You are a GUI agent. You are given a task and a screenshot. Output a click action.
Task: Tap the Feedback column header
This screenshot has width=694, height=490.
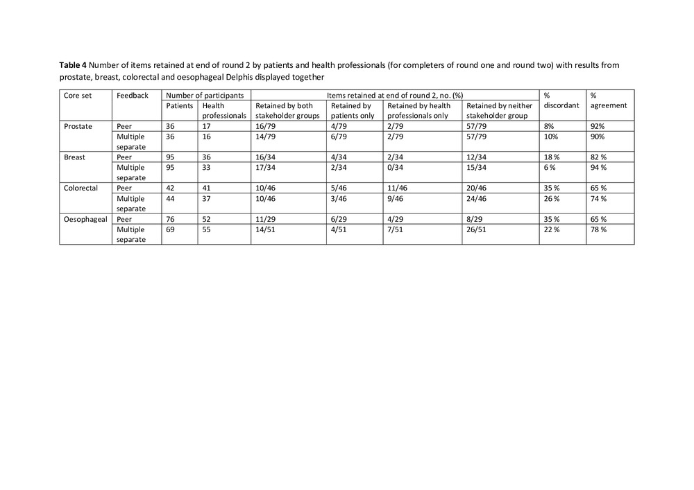(x=132, y=95)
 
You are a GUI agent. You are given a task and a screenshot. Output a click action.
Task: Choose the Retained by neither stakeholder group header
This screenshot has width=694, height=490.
(x=499, y=111)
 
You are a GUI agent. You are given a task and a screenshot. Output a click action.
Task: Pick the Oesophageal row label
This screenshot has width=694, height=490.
(x=82, y=218)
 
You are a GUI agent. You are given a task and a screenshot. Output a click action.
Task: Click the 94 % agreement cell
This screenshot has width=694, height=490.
(x=598, y=167)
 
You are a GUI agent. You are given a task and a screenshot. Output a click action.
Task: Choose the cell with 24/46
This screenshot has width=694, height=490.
(x=477, y=198)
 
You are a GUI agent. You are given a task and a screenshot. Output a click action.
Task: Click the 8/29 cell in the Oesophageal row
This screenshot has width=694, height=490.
(x=475, y=218)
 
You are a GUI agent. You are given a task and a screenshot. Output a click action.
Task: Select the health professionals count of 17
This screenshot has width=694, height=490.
(x=207, y=127)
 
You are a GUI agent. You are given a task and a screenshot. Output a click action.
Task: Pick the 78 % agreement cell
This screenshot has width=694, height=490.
(x=598, y=229)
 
